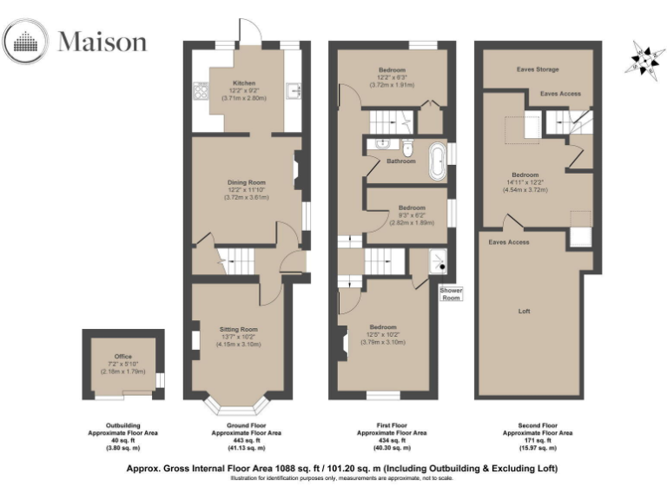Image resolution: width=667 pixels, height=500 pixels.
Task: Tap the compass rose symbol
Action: [643, 57]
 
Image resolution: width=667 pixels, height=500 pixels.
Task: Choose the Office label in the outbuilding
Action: [122, 356]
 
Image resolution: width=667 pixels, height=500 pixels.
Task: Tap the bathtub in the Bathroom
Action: [437, 160]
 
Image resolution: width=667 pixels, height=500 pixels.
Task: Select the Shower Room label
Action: [452, 294]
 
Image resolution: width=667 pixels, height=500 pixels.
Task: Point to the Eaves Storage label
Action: [537, 69]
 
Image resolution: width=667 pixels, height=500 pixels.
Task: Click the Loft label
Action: [524, 311]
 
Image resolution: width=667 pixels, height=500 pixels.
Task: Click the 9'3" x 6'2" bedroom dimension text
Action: [412, 215]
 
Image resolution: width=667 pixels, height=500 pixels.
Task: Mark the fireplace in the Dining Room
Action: [298, 171]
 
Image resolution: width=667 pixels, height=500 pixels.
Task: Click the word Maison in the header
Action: [102, 42]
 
